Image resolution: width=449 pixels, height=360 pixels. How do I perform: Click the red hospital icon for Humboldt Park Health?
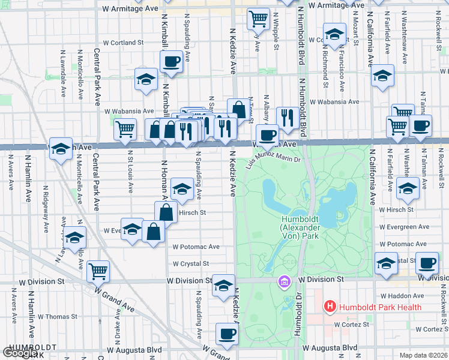[330, 307]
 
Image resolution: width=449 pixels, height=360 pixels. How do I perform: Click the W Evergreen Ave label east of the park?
[405, 227]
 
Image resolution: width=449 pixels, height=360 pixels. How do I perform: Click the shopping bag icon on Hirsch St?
[166, 211]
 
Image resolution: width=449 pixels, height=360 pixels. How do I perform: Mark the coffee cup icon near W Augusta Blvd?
[226, 334]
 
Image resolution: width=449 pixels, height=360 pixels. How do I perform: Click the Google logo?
[20, 353]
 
